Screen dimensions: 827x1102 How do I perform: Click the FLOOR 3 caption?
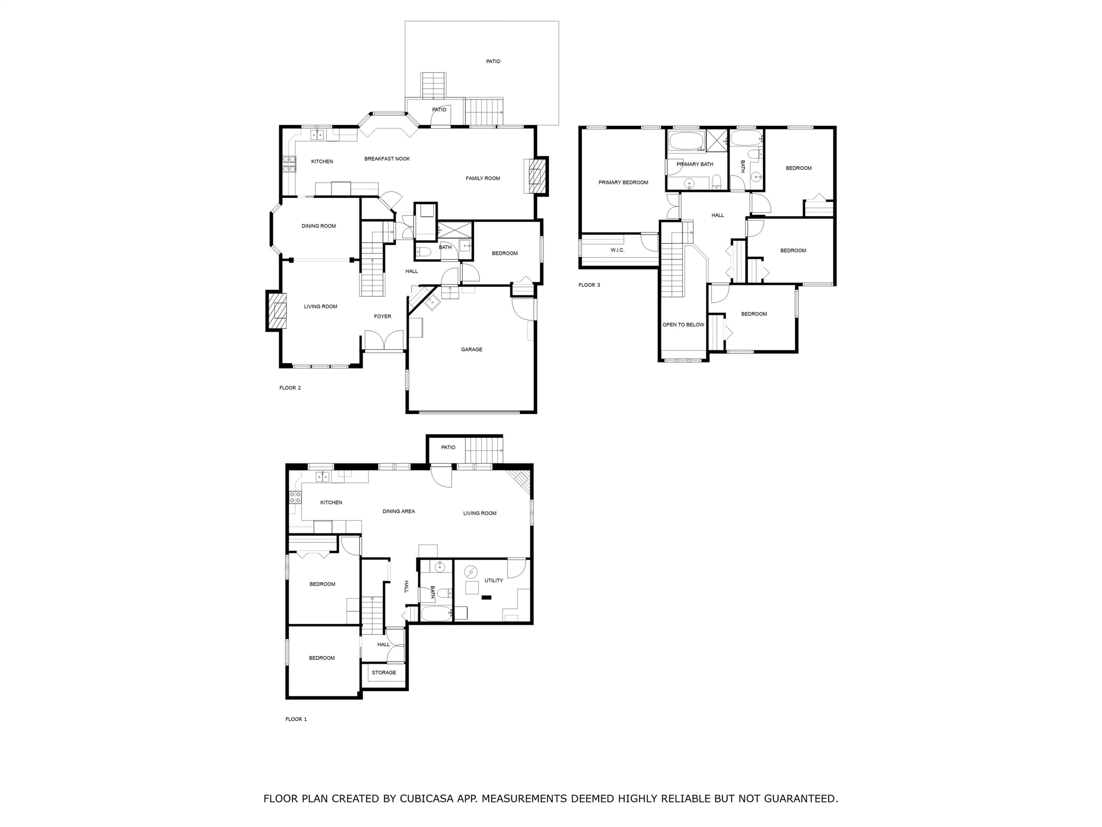[x=589, y=285]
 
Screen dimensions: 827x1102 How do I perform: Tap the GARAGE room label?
[x=471, y=350]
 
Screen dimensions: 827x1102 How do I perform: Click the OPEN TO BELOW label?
[x=683, y=325]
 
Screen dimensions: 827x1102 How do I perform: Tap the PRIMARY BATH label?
[x=695, y=164]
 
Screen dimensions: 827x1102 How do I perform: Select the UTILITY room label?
[x=493, y=580]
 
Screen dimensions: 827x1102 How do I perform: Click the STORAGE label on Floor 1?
[x=383, y=673]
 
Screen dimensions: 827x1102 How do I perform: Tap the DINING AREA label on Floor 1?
[x=398, y=511]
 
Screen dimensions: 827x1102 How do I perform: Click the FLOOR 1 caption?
[x=296, y=719]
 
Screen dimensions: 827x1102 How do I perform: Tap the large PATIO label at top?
[x=493, y=62]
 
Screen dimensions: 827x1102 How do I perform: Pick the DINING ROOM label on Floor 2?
[x=318, y=226]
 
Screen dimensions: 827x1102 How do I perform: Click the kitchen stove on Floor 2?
[x=289, y=164]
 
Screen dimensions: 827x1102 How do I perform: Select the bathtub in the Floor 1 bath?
[x=436, y=613]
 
